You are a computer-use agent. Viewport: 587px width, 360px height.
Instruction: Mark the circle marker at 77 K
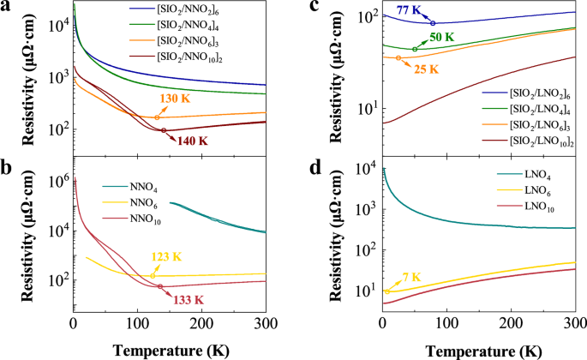tap(433, 23)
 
